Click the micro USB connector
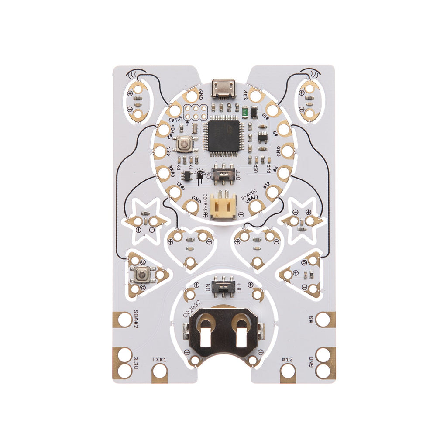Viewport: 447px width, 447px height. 223,89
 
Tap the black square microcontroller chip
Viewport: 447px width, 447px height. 223,136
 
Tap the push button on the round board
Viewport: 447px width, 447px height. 184,143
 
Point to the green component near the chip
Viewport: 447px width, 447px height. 246,113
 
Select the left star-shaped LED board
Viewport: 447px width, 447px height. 145,221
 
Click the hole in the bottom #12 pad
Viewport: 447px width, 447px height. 288,372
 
